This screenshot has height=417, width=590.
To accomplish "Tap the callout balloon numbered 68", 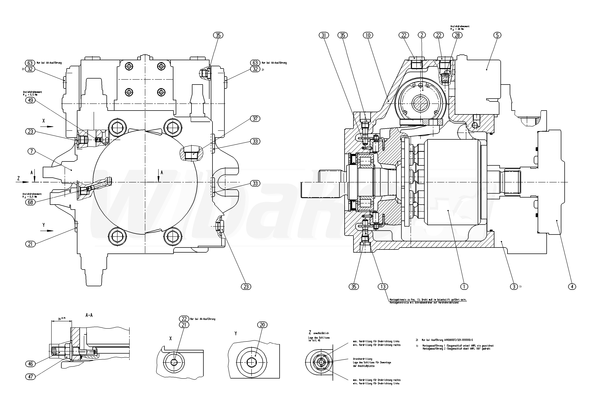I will pyautogui.click(x=30, y=202).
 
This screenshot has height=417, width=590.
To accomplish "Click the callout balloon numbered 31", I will pyautogui.click(x=324, y=35).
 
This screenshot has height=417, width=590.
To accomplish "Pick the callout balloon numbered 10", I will pyautogui.click(x=368, y=35).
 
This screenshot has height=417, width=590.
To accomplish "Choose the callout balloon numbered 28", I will pyautogui.click(x=457, y=35).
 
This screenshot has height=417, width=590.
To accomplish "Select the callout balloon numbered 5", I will pyautogui.click(x=497, y=35).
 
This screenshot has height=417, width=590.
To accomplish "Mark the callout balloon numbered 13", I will pyautogui.click(x=383, y=287).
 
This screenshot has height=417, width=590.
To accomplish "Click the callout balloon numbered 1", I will pyautogui.click(x=464, y=287).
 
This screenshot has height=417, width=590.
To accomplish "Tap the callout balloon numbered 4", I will pyautogui.click(x=572, y=287).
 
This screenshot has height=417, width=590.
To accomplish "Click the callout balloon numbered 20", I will pyautogui.click(x=262, y=325).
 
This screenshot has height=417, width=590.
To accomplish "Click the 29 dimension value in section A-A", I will pyautogui.click(x=59, y=319).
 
